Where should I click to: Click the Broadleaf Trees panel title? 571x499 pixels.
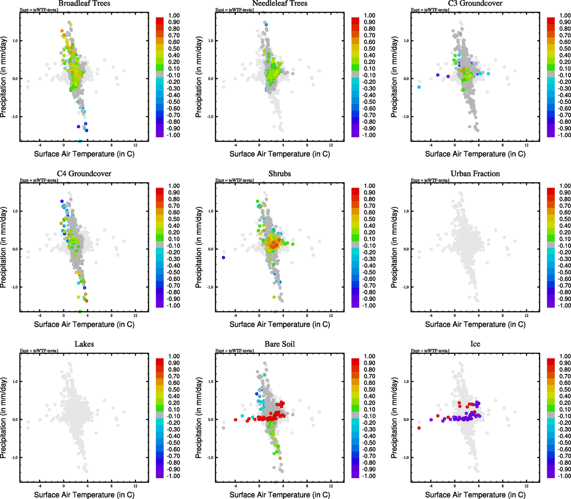click(84, 4)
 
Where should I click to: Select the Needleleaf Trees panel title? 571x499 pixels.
click(279, 4)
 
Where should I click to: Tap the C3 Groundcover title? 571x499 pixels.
click(475, 4)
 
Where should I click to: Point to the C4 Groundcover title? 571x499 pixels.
click(84, 174)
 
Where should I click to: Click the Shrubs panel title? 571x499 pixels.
click(279, 174)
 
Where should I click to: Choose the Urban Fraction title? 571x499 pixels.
click(475, 174)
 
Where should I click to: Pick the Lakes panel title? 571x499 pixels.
click(84, 344)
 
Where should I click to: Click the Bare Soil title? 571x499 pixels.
click(279, 344)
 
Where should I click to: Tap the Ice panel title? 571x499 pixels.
click(475, 344)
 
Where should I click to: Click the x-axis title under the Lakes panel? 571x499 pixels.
click(84, 494)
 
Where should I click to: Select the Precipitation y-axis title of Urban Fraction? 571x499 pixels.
click(394, 247)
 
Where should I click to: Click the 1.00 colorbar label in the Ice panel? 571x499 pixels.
click(565, 356)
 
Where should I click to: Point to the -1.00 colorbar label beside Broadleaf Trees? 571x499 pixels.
click(173, 135)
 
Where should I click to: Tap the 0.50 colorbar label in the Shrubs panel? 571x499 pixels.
click(369, 219)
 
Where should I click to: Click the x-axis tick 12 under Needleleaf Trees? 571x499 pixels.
click(331, 145)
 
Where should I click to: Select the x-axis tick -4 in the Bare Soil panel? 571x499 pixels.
click(235, 486)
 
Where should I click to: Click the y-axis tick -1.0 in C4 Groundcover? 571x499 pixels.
click(15, 287)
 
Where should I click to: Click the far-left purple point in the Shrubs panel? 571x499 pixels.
click(223, 258)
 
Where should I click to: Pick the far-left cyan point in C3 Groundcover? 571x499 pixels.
click(419, 87)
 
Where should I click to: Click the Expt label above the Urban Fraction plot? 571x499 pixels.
click(430, 180)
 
